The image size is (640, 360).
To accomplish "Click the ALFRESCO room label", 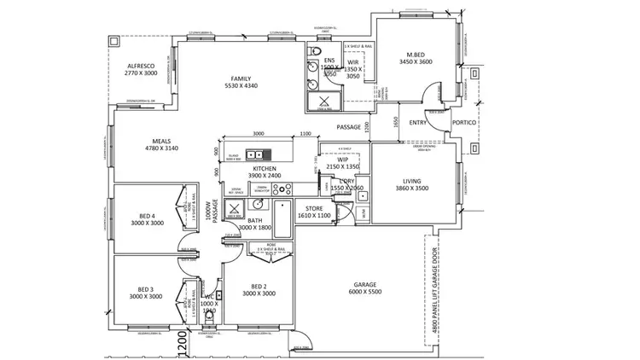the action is point(141,66).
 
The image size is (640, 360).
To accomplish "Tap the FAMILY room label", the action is point(240,78).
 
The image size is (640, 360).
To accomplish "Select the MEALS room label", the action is point(161,142).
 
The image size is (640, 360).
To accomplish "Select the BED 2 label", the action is point(259,286).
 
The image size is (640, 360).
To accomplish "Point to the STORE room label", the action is point(313,208).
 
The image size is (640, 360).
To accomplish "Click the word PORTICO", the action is point(465,123).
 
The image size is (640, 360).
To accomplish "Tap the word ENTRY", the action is point(418,123).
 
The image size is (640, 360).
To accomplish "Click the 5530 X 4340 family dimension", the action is point(240,86).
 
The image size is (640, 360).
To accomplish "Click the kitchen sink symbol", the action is point(254,154).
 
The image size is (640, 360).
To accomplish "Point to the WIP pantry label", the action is point(343,159).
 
